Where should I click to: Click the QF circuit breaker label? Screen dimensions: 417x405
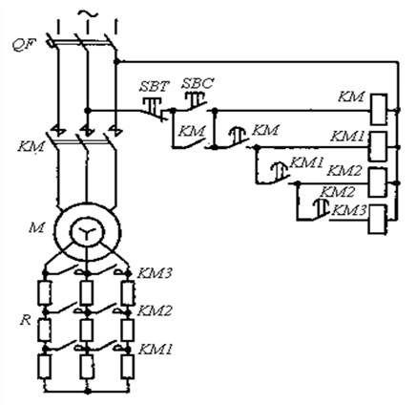[24, 45]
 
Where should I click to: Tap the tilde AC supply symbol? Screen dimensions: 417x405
[87, 14]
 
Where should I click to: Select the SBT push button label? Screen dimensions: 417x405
[155, 86]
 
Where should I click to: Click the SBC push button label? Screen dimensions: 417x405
[198, 83]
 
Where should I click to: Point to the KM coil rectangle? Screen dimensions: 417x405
[379, 109]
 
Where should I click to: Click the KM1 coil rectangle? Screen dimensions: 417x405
[378, 146]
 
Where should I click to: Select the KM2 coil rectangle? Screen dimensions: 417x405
[378, 182]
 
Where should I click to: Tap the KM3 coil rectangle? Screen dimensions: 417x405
[378, 220]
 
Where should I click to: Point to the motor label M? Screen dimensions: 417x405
[36, 227]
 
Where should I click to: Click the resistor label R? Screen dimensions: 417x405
[26, 321]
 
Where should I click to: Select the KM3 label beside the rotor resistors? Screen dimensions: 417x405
[155, 273]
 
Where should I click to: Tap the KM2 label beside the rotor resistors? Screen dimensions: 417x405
[155, 310]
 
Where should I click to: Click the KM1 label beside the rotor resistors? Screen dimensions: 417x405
[155, 350]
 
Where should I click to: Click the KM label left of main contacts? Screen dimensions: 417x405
[31, 146]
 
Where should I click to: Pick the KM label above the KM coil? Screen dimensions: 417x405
[351, 96]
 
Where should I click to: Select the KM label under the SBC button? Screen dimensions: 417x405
[192, 131]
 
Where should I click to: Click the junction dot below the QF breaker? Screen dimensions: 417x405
[117, 61]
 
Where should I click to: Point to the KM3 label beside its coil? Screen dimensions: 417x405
[349, 210]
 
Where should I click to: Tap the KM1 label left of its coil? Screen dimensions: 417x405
[347, 137]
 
